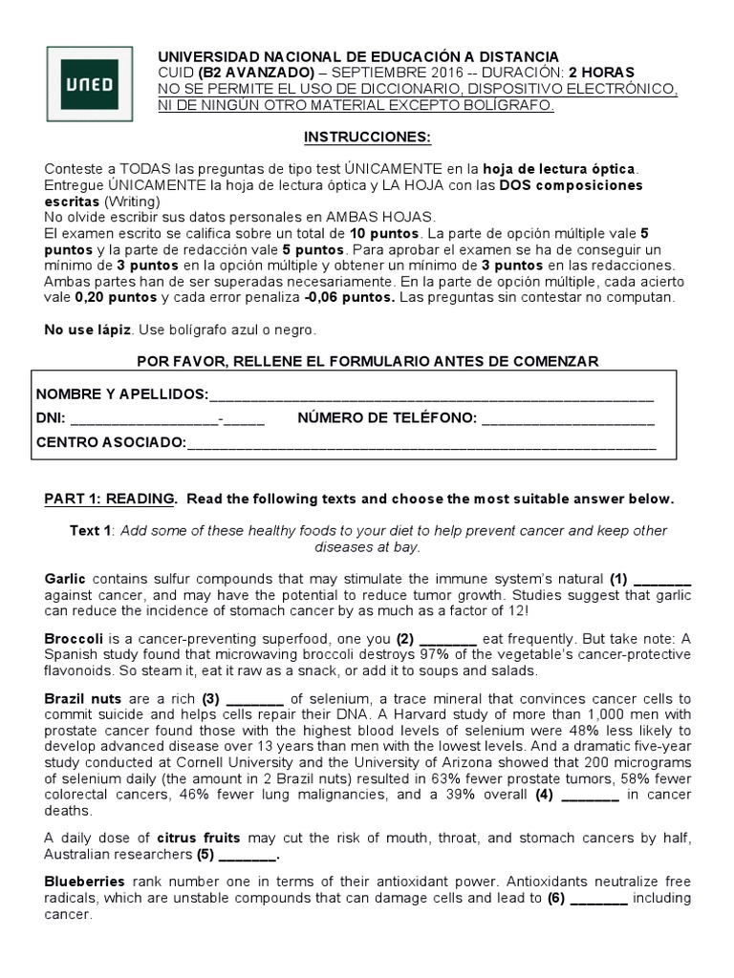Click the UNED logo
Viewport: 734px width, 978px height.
90,85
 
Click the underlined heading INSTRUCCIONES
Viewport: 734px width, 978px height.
367,138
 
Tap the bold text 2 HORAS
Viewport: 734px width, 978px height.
601,73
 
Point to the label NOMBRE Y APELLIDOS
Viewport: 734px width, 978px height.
121,394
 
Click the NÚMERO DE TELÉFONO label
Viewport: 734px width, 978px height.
387,418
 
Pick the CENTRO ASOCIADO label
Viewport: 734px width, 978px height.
111,442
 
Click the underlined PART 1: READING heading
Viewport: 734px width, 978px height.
110,499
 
